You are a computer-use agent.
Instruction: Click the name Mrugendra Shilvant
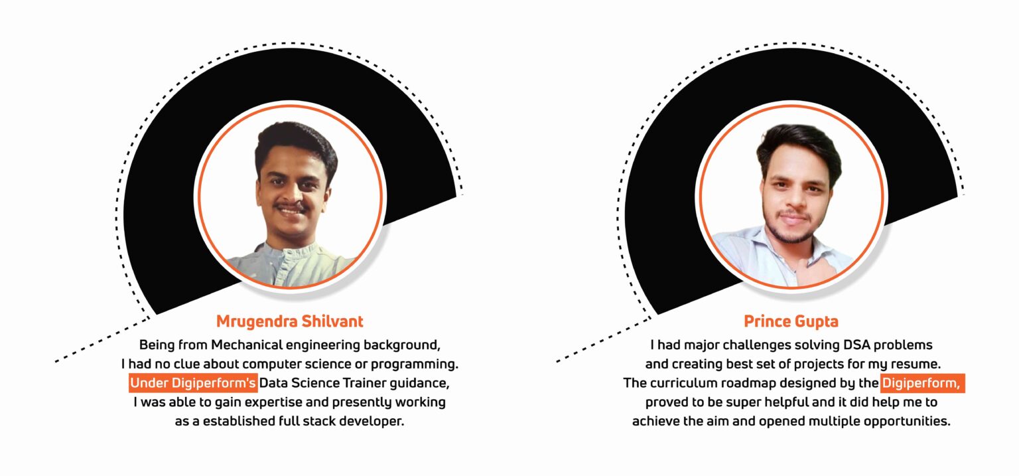click(x=290, y=322)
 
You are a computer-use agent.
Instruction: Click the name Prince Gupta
click(x=791, y=322)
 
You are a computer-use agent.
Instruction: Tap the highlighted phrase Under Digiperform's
click(x=193, y=383)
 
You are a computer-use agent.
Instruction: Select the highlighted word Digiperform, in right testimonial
click(x=923, y=383)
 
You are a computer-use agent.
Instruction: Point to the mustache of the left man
click(x=292, y=207)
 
